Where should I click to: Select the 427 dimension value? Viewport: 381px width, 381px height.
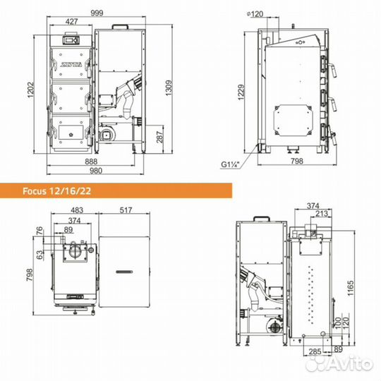click(71, 23)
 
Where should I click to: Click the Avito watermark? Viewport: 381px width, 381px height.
click(346, 363)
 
